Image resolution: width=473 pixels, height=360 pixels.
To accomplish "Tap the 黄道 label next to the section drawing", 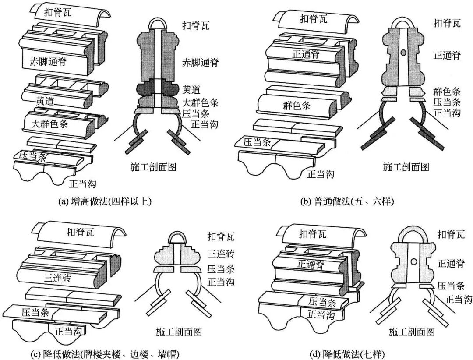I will tap(191, 90).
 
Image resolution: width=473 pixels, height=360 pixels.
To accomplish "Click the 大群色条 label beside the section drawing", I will tap(200, 103).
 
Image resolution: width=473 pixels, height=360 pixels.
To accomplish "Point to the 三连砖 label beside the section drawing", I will tap(221, 253).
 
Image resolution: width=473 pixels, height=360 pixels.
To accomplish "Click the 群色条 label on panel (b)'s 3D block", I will tap(297, 106).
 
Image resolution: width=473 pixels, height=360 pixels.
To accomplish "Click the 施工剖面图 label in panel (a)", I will tap(153, 168).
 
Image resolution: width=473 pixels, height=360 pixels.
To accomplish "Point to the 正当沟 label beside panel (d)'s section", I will tap(459, 299).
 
